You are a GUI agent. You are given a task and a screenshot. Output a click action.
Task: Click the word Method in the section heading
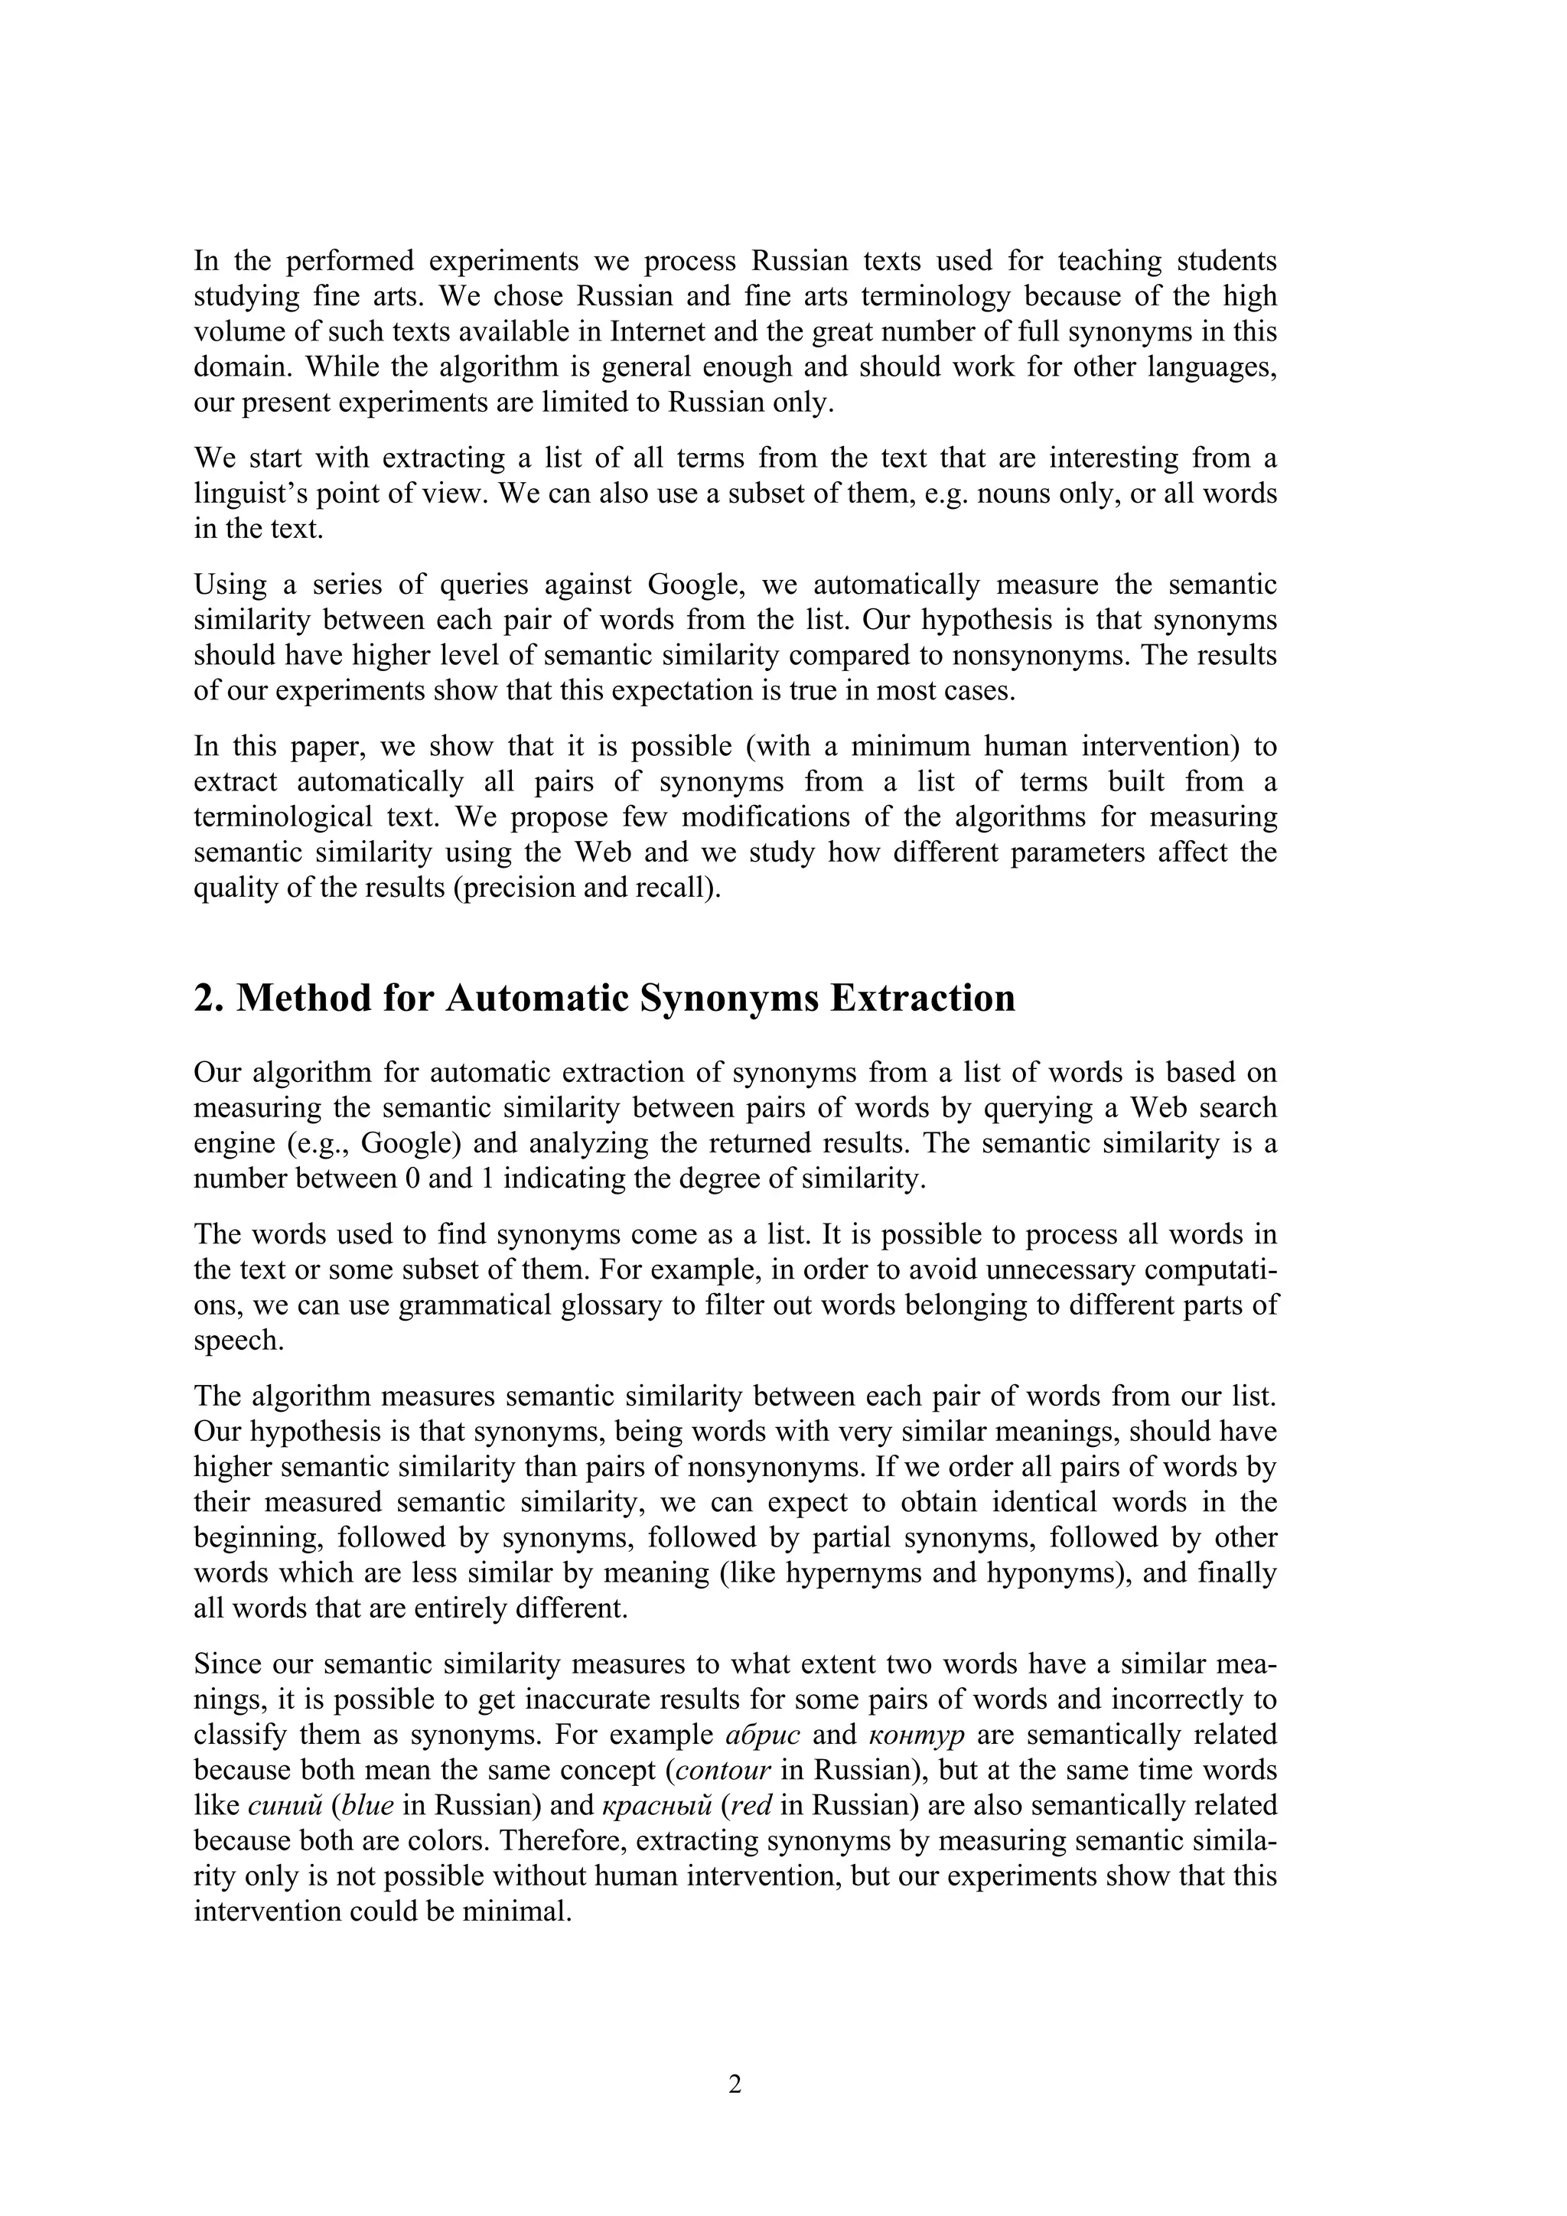click(x=303, y=998)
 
